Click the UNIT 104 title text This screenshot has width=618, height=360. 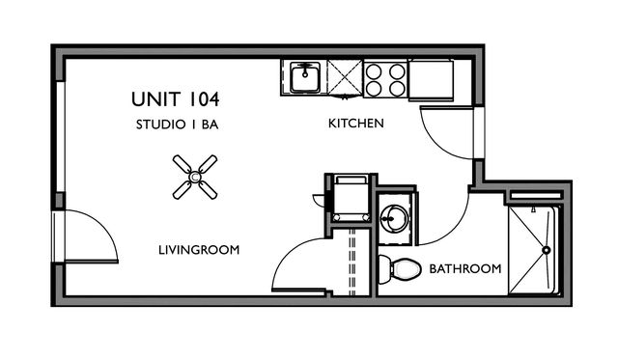click(x=176, y=99)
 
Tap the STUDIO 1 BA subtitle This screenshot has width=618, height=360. click(x=177, y=125)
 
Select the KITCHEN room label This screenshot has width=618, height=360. click(x=356, y=124)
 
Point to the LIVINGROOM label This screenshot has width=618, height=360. click(x=199, y=250)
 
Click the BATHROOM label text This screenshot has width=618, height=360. click(x=465, y=269)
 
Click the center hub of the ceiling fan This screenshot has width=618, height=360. click(x=195, y=178)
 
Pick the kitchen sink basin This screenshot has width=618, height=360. click(x=305, y=77)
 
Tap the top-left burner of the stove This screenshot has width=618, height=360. click(x=374, y=71)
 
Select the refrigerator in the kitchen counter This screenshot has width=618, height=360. click(x=431, y=79)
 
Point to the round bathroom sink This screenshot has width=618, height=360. click(x=395, y=218)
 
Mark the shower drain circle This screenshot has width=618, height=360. click(x=547, y=250)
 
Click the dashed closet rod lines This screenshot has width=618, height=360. click(x=352, y=262)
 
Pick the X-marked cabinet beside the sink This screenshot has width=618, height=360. click(x=345, y=77)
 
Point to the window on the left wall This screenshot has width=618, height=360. click(x=60, y=136)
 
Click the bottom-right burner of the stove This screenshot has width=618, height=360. click(x=397, y=88)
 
